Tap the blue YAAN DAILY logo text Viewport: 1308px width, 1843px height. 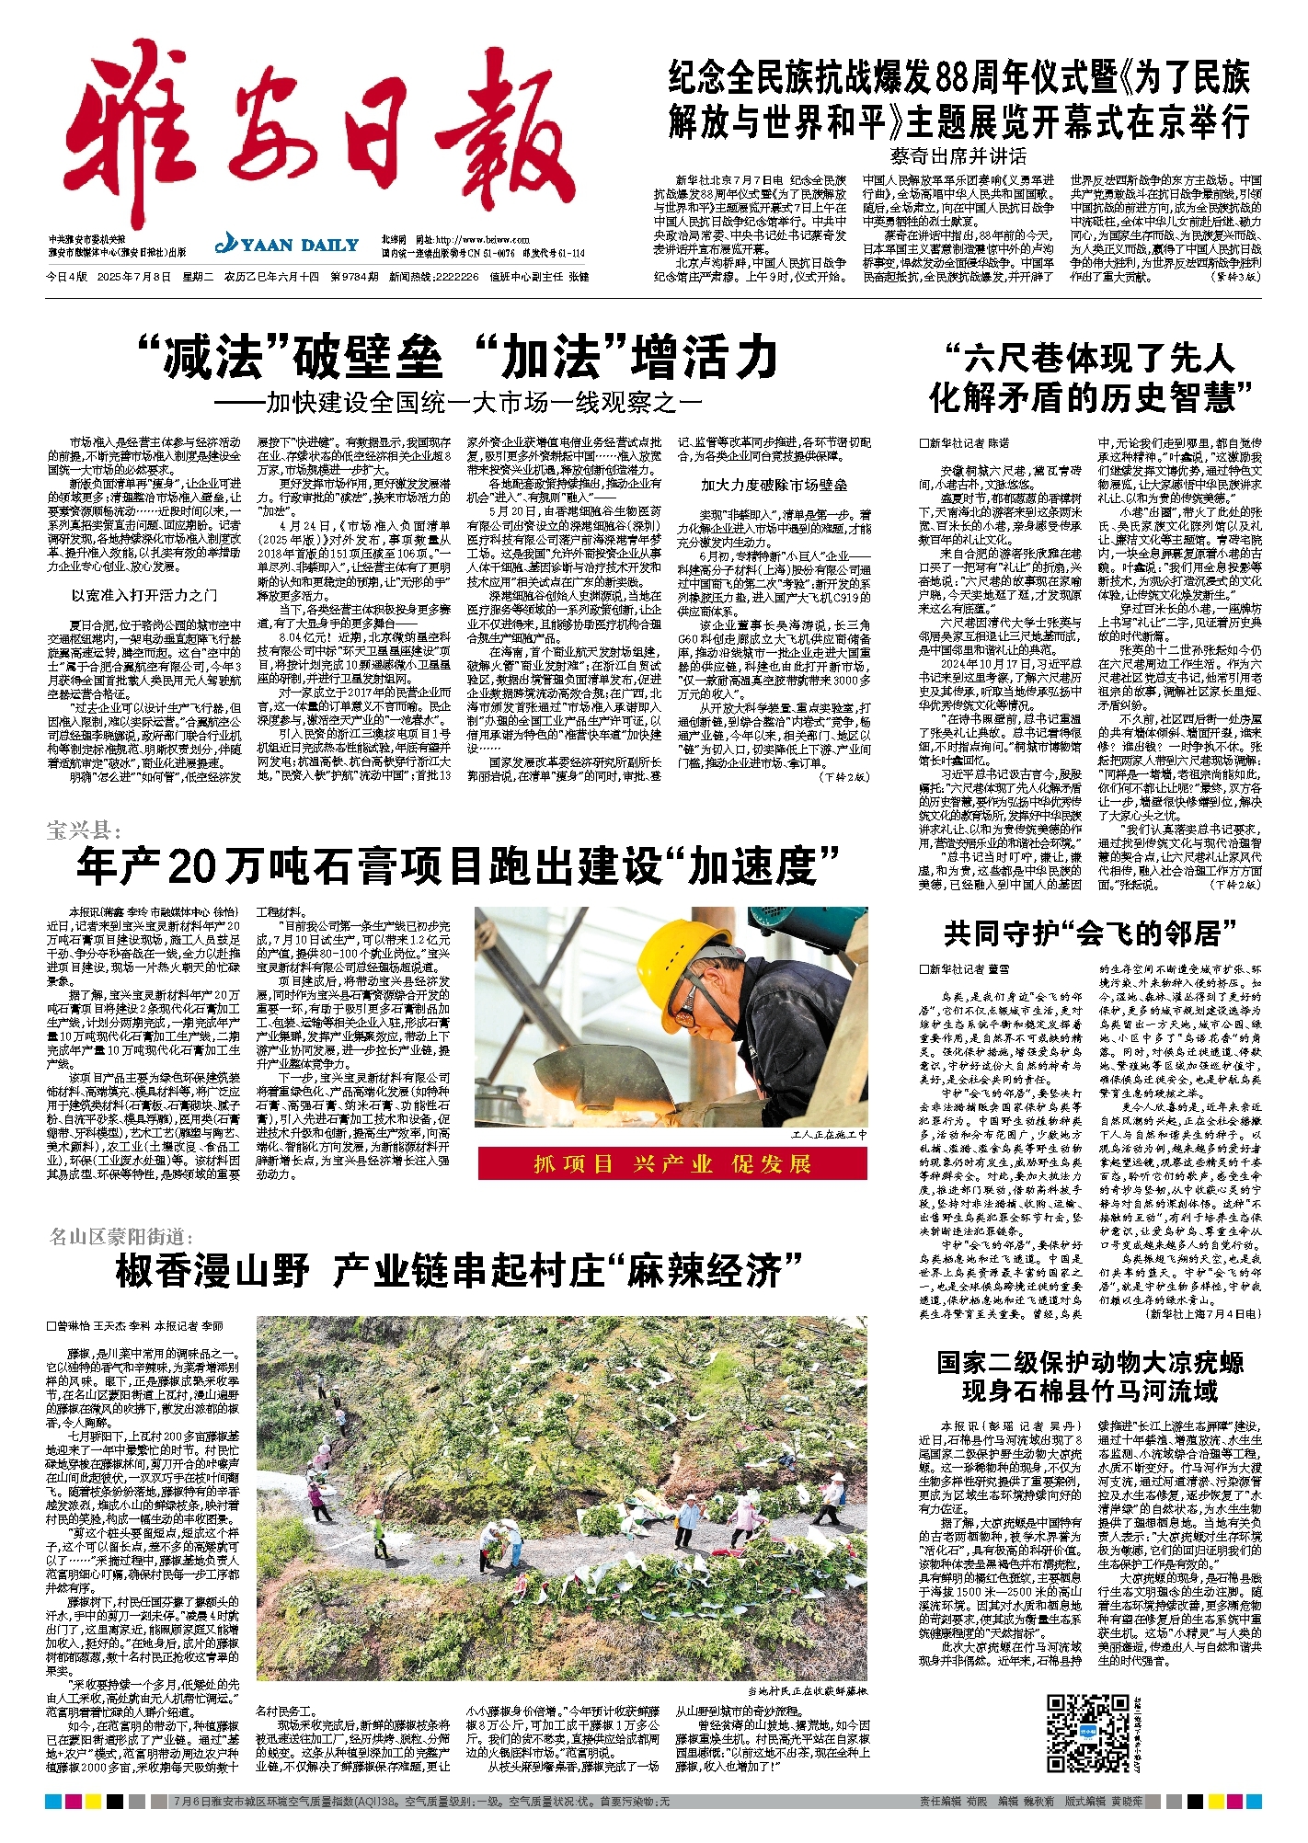coord(287,245)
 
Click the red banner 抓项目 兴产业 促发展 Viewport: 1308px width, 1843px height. coord(672,1163)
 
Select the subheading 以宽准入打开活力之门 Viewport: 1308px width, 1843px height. coord(144,595)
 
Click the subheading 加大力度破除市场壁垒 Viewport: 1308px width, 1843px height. coord(774,485)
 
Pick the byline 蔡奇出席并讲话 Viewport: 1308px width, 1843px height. coord(958,156)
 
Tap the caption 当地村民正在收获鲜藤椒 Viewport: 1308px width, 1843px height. coord(807,1691)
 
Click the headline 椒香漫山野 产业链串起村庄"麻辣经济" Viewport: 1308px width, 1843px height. coord(459,1272)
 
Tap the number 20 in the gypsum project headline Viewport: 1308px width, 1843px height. coord(199,865)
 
